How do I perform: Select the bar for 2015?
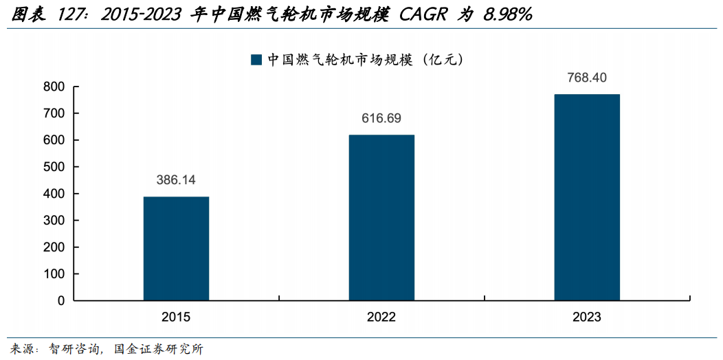176,249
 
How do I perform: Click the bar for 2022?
381,218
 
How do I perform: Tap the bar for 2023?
587,197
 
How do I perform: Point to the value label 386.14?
176,180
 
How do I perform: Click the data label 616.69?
381,118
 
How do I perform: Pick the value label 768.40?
587,77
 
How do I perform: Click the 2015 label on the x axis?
176,317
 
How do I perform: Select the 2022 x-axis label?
381,317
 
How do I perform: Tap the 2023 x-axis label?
587,317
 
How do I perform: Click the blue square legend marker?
256,60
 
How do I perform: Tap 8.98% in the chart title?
508,15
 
